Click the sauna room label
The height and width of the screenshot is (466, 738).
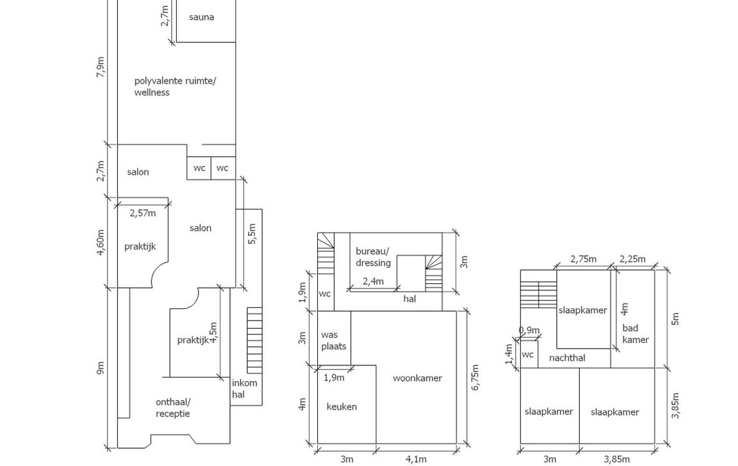click(201, 17)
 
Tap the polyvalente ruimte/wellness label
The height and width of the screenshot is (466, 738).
click(175, 87)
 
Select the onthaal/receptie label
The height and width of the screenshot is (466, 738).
click(173, 408)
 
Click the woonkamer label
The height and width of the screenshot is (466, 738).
click(417, 378)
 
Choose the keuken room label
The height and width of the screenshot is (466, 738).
click(341, 406)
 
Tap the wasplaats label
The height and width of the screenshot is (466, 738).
click(333, 340)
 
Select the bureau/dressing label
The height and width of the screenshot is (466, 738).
click(373, 258)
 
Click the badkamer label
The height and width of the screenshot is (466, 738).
click(635, 334)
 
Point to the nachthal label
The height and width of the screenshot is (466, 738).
click(567, 358)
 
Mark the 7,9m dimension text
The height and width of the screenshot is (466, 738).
click(100, 67)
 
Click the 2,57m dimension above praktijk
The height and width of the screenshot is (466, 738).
click(142, 213)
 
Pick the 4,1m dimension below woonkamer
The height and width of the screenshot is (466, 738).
click(416, 458)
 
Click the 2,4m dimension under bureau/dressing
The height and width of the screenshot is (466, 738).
click(373, 281)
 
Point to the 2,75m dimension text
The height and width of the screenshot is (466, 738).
click(583, 260)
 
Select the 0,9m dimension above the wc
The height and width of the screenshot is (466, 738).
click(529, 331)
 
